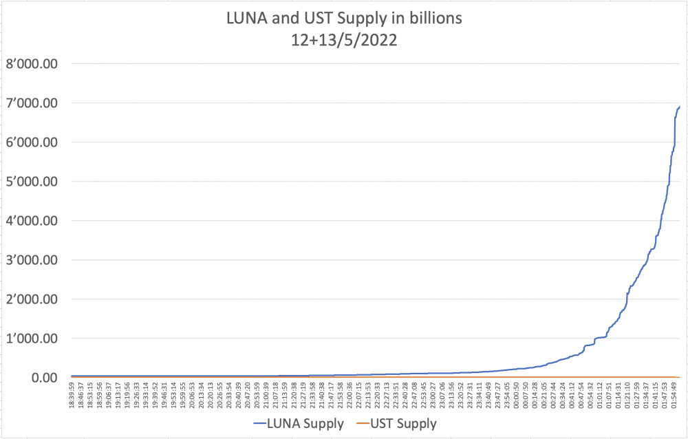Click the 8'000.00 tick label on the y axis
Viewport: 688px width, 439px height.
32,64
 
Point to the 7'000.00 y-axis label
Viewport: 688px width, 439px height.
32,103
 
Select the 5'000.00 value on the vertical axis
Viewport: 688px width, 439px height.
32,182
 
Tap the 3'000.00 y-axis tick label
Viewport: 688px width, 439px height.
32,260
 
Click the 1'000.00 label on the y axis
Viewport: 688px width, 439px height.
32,339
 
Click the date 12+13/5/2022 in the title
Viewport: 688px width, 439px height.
344,40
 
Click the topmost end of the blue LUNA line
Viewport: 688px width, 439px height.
680,106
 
